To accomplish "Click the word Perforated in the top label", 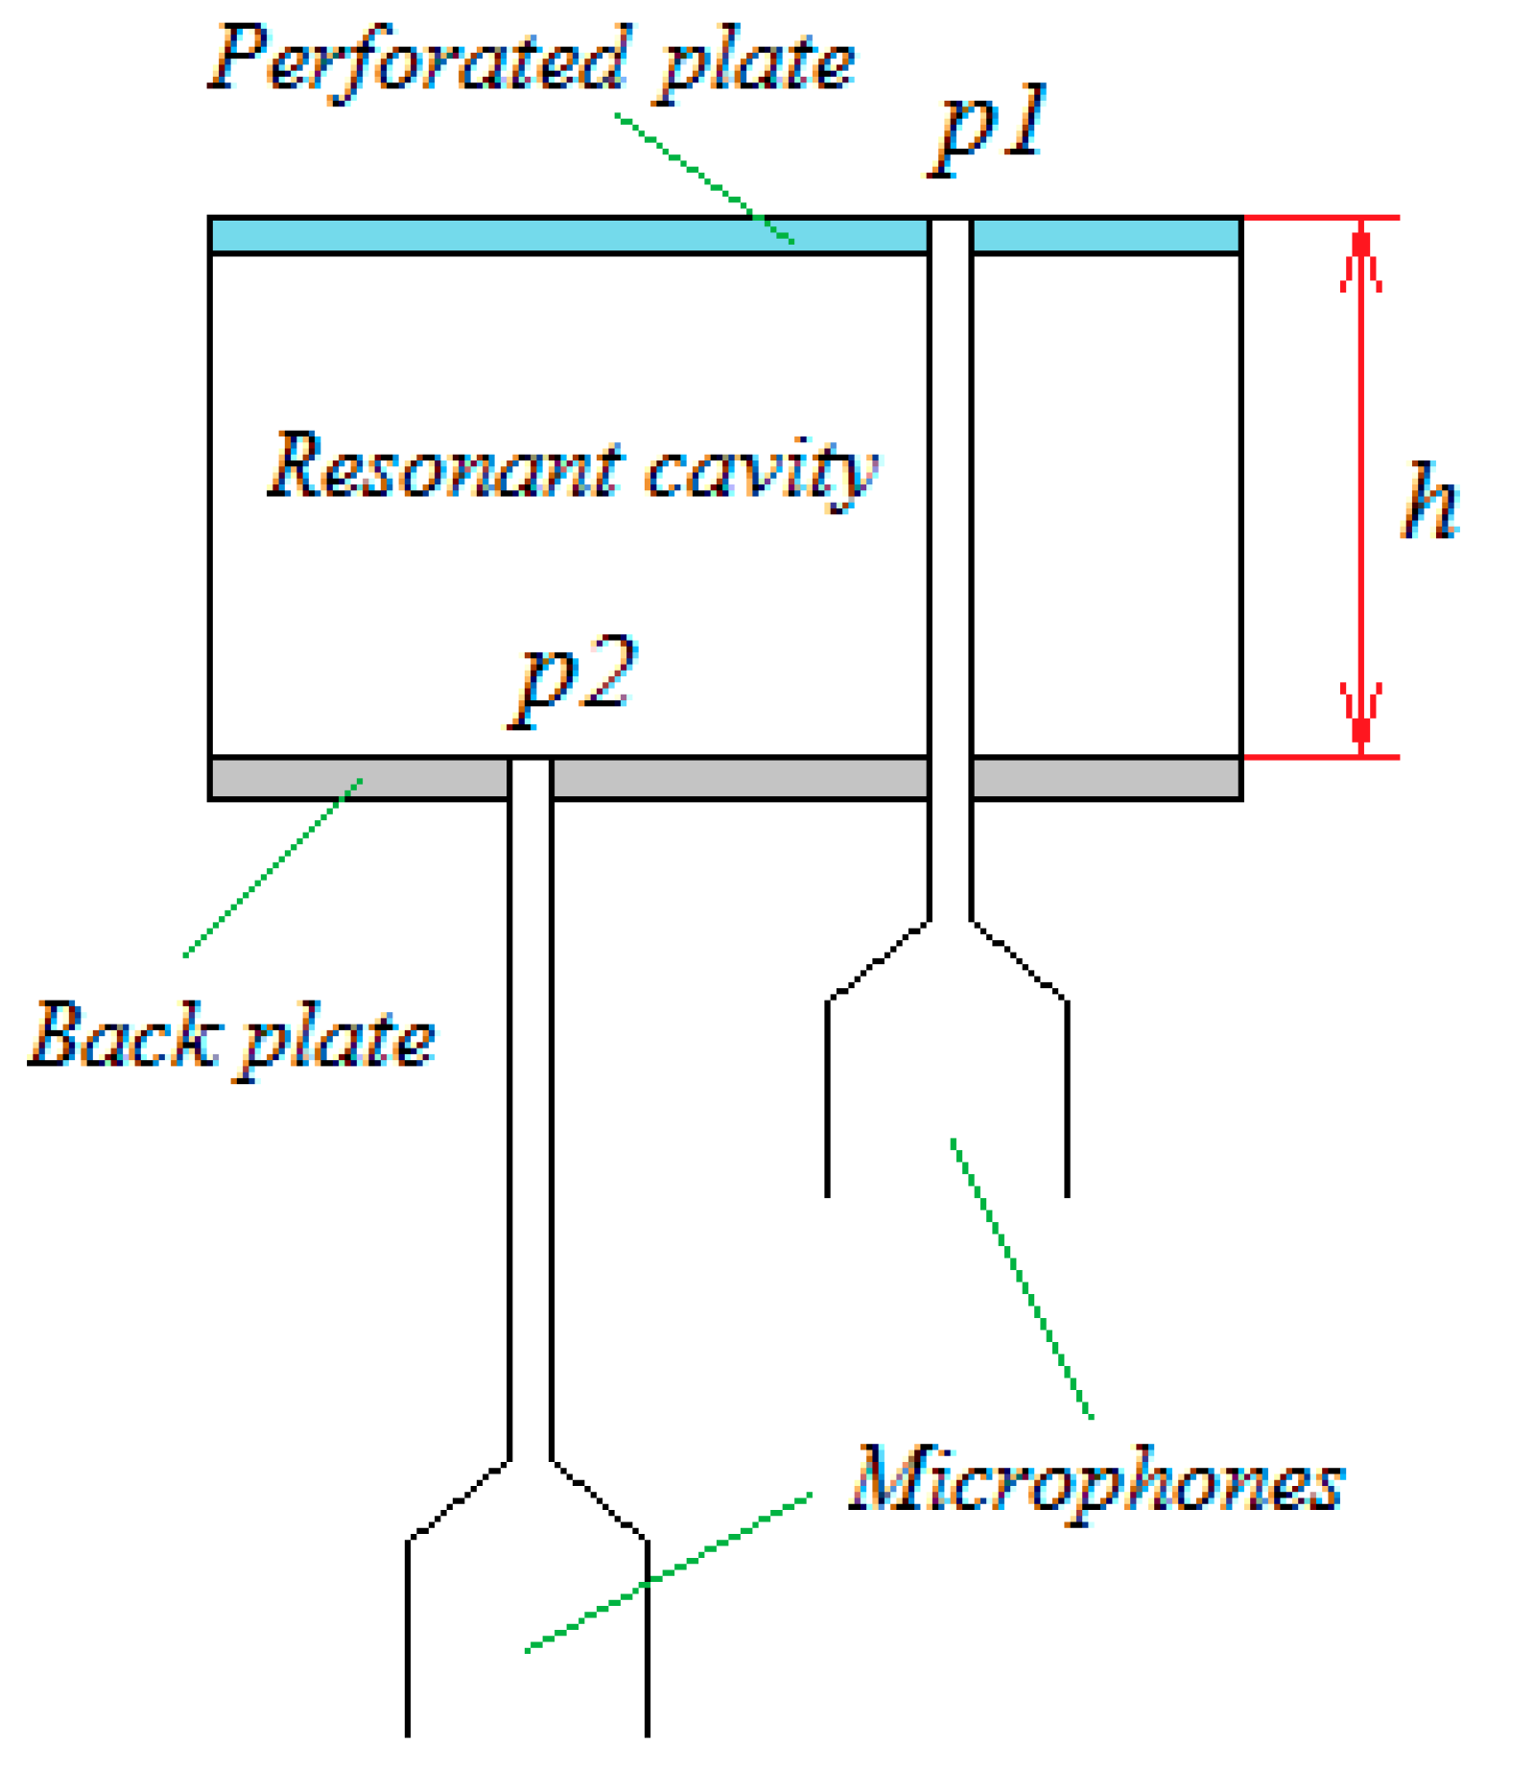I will (420, 59).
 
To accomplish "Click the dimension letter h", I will (1428, 501).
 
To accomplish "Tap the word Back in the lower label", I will (123, 1036).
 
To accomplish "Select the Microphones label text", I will (1097, 1482).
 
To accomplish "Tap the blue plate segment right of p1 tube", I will (1105, 235).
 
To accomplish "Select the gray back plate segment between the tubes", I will (739, 778).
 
